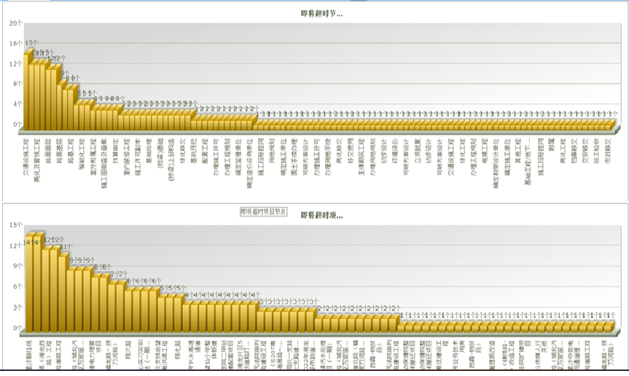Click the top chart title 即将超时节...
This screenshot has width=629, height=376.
[321, 13]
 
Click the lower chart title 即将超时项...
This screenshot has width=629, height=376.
[321, 216]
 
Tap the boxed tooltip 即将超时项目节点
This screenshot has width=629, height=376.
[264, 211]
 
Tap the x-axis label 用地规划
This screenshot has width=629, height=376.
[271, 149]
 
